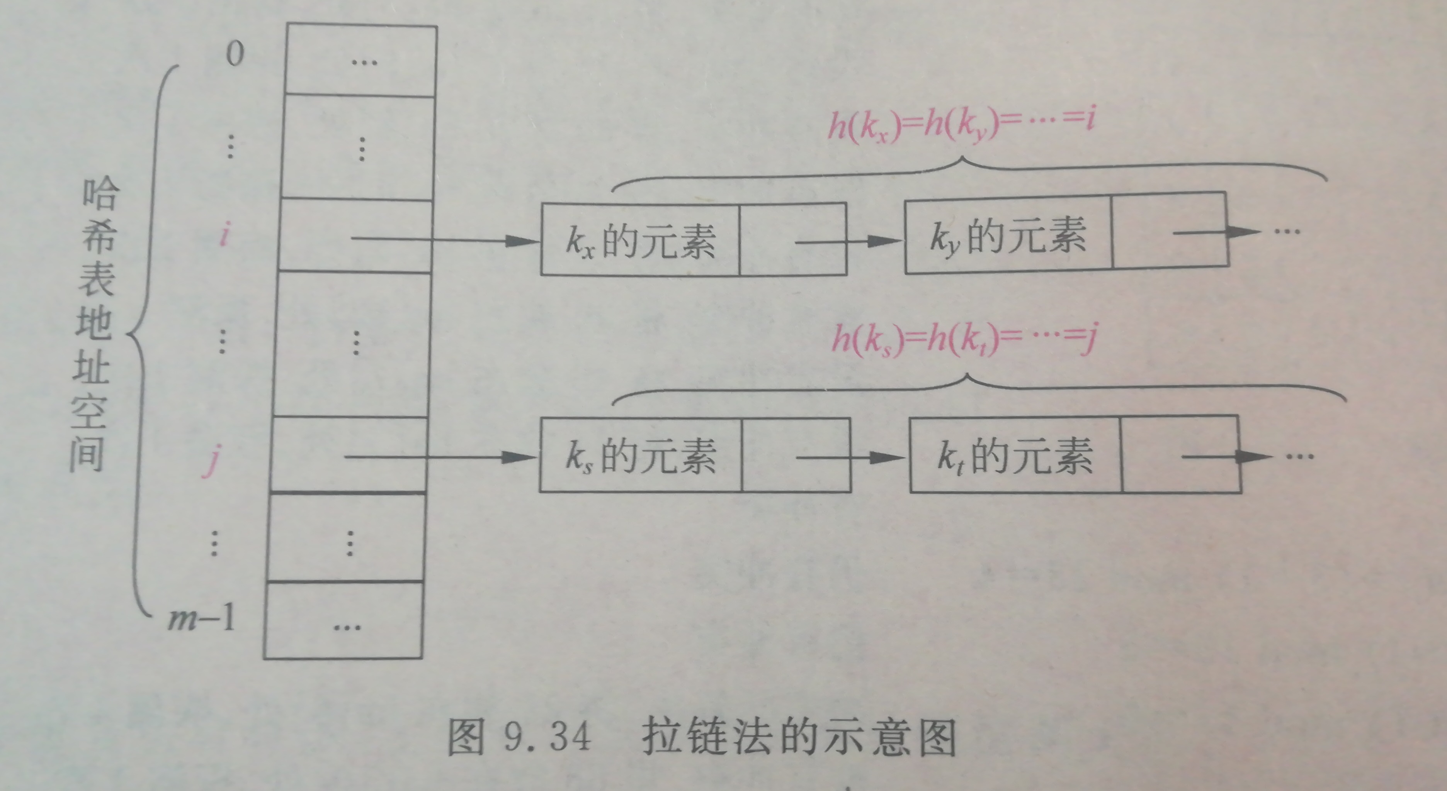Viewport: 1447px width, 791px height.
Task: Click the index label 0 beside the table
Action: click(235, 54)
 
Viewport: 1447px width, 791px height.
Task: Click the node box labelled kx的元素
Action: click(640, 240)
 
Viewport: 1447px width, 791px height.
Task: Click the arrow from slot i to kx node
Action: click(444, 240)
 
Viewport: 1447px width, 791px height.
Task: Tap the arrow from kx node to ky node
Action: click(848, 241)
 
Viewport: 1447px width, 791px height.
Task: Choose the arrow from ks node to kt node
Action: click(851, 457)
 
